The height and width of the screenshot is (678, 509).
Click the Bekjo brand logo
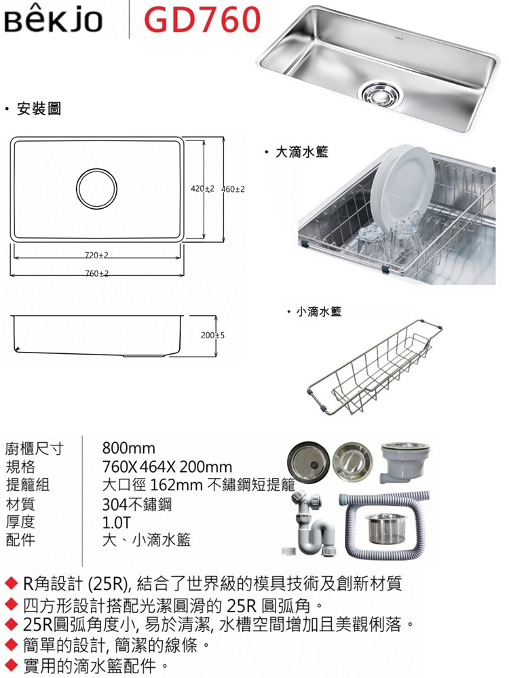coord(53,20)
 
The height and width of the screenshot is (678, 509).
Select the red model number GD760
coord(202,20)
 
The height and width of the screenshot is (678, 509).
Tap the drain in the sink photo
coord(381,92)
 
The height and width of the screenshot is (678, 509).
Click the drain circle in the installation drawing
coord(96,188)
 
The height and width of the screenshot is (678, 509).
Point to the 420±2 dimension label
coord(202,189)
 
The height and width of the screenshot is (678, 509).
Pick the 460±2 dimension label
coord(233,189)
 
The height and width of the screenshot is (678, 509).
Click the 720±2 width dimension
coord(96,255)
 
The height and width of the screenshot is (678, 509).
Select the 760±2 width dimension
coord(96,273)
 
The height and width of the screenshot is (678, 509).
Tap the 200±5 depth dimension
coord(212,335)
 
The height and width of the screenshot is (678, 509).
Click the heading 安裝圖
coord(39,108)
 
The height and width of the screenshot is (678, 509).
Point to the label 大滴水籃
coord(302,152)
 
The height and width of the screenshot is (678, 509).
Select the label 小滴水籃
coord(318,311)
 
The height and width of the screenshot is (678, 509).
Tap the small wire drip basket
coord(375,367)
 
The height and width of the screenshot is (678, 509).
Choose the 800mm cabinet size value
coord(128,448)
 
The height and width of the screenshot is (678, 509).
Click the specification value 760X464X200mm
coord(167,466)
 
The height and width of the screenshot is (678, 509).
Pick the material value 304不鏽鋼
coord(137,504)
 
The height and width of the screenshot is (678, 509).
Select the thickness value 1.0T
coord(116,522)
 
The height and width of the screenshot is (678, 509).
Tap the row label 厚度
coord(20,522)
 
